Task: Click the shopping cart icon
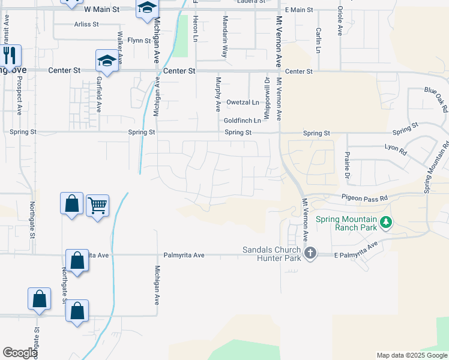pos(97,206)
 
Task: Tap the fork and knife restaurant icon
pos(10,56)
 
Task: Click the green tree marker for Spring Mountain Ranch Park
pos(386,223)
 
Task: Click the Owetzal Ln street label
pos(243,103)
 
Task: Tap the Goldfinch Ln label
pos(243,121)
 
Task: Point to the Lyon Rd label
pos(396,146)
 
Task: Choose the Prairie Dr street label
pos(347,165)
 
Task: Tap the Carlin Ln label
pos(318,40)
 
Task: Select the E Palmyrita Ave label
pos(357,251)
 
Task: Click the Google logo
pos(20,353)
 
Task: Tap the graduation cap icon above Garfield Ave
pos(107,61)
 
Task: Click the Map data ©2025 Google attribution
pos(411,355)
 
